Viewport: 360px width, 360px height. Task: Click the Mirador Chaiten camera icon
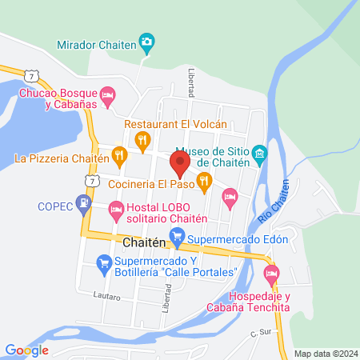tap(146, 42)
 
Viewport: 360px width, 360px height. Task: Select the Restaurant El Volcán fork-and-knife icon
tap(142, 142)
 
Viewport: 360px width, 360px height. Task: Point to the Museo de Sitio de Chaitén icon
tap(258, 153)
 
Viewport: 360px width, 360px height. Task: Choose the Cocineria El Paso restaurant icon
tap(204, 182)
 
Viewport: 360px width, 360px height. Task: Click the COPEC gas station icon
tap(84, 206)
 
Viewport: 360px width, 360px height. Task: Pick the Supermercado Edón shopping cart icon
tap(179, 237)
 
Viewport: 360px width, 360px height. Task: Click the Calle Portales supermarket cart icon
tap(103, 262)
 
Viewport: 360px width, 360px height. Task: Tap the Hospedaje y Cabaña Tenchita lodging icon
tap(272, 275)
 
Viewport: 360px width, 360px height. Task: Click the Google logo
tap(27, 350)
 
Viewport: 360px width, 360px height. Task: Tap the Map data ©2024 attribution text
tap(325, 353)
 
